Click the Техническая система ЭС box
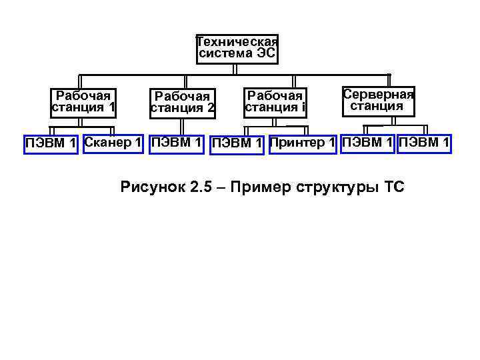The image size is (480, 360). click(237, 49)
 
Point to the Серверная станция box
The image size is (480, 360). click(377, 101)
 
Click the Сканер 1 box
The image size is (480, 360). click(113, 143)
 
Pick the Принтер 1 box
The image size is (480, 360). click(303, 143)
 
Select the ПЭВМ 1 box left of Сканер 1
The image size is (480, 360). click(51, 143)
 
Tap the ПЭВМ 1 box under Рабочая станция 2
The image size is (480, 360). click(177, 142)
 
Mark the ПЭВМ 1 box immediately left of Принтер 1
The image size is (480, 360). click(238, 143)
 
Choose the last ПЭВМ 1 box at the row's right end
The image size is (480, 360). click(424, 143)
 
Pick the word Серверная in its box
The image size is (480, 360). click(378, 94)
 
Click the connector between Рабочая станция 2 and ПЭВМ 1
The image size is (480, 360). click(181, 127)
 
